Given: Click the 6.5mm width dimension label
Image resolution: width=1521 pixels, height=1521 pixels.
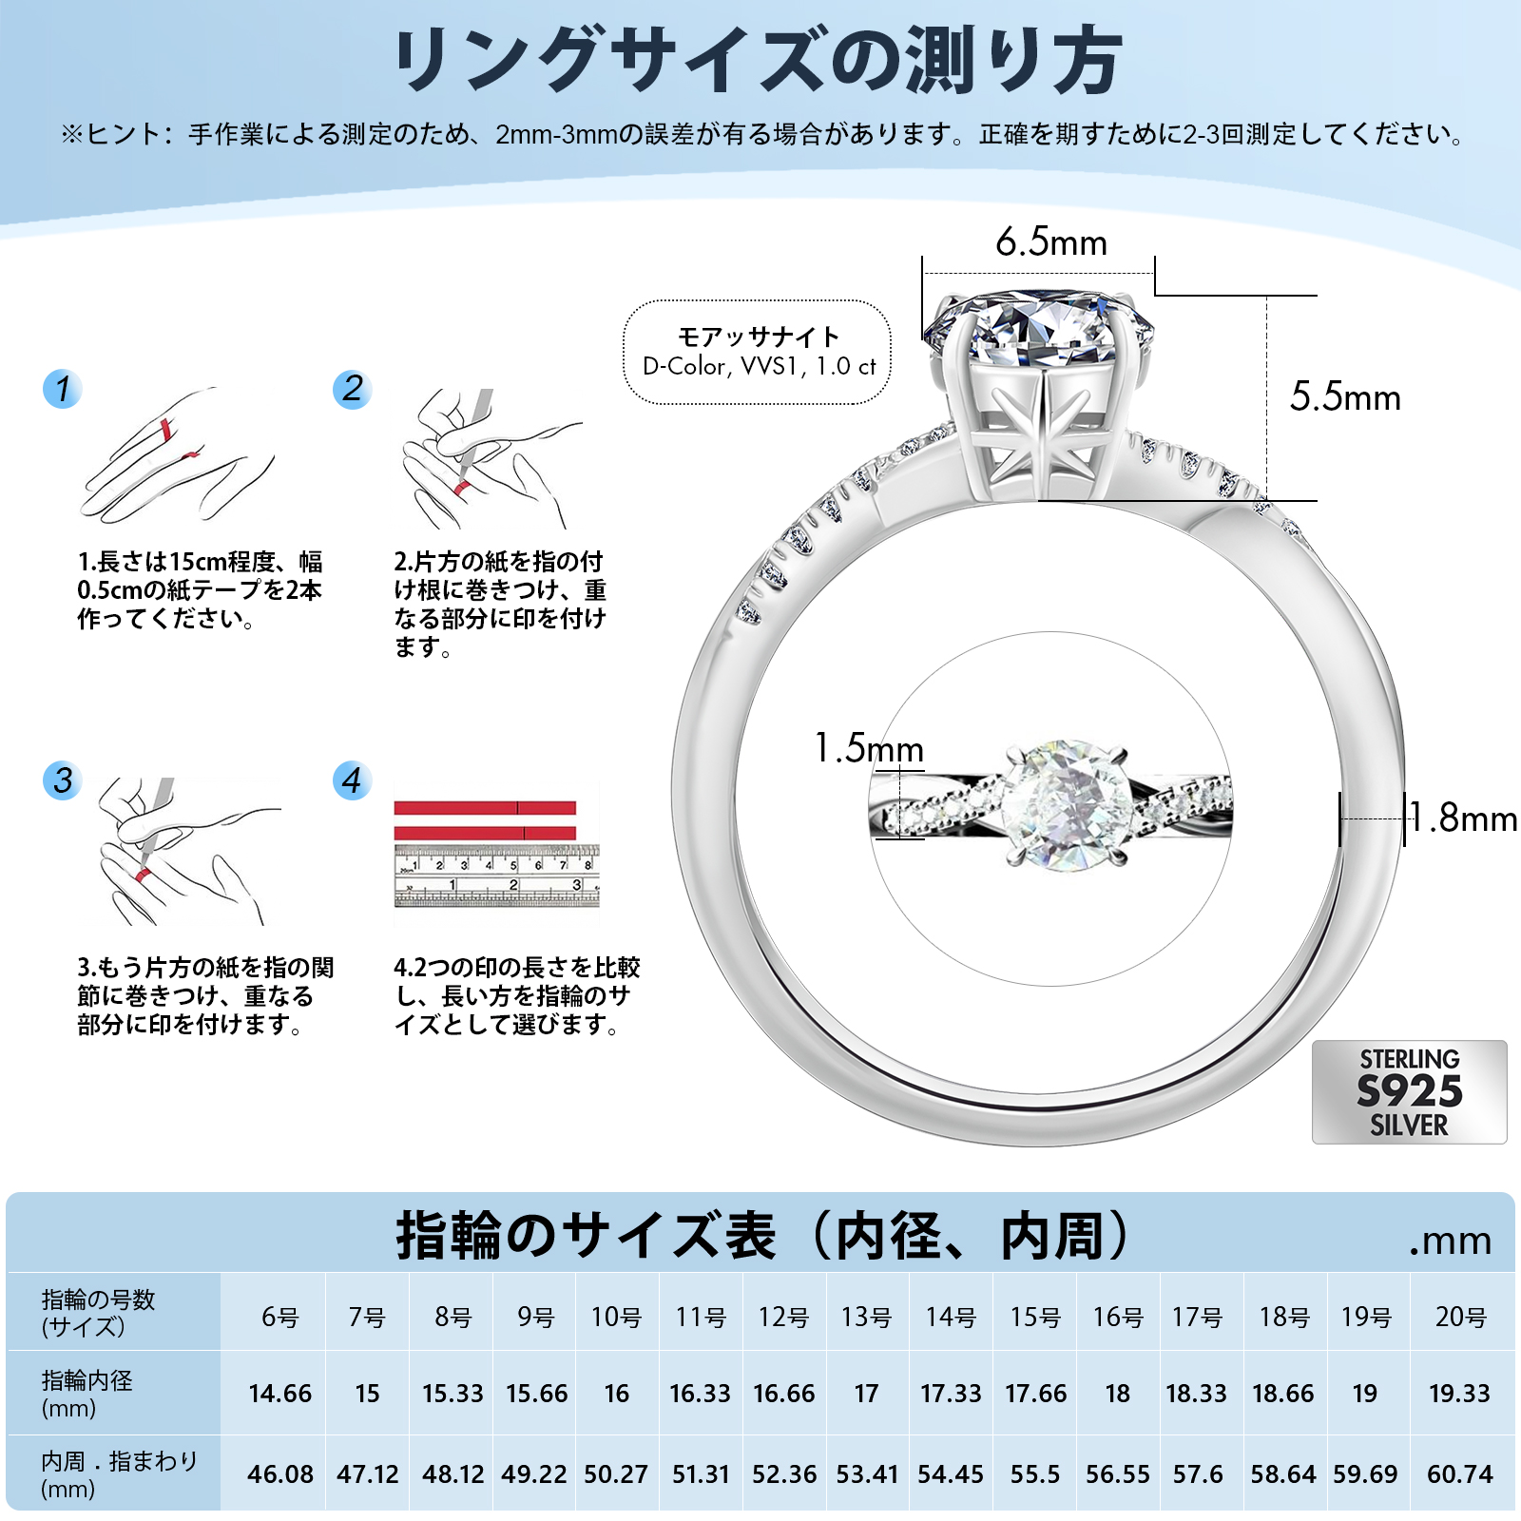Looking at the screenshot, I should coord(1051,242).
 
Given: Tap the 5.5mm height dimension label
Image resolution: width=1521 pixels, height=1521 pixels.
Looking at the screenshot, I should coord(1345,397).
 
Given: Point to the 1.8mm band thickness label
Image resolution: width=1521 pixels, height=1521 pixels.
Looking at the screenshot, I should coord(1464,818).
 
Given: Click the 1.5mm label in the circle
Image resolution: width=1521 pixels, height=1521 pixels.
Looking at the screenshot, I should coord(869,748).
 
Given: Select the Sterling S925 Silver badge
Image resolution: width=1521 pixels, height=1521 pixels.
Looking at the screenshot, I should coord(1409,1091).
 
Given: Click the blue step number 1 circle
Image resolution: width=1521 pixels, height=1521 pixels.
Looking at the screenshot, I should coord(63,389).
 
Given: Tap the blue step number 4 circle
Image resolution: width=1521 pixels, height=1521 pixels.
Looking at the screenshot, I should coord(352,780).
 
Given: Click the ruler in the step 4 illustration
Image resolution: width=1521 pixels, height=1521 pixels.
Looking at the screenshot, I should coord(496,876).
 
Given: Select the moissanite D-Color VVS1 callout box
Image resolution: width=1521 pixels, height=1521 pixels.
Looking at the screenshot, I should coord(758,352).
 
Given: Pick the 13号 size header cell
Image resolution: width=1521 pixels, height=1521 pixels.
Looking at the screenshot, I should coord(866,1318).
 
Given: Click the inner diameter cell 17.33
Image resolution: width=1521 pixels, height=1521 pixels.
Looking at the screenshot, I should coord(951,1394).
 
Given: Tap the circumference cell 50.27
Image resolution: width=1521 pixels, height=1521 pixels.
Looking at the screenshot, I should coord(616,1474).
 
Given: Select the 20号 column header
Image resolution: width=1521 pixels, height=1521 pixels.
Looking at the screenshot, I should coord(1461,1318).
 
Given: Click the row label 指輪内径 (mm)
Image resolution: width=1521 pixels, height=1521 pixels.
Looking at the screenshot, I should coord(87,1394).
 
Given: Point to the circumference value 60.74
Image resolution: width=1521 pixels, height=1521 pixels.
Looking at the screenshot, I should coord(1460,1474).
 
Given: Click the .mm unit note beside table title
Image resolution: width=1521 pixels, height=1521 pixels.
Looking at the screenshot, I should coord(1450,1241).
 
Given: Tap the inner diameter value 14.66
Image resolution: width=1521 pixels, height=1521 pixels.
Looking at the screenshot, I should coord(279,1394).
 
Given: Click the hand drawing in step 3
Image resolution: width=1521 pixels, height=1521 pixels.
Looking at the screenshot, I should coord(181,851).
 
